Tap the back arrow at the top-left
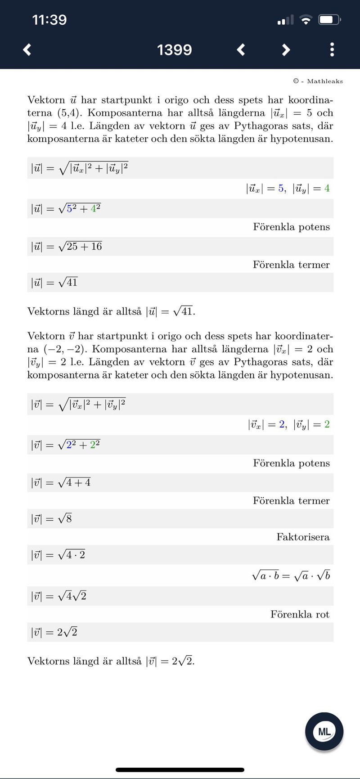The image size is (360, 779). (x=27, y=50)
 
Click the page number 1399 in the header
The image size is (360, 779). (x=174, y=50)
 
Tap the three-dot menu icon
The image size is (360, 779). (x=332, y=50)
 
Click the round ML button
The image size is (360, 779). (x=324, y=731)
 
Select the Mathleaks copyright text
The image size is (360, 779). (x=318, y=81)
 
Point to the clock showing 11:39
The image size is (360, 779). (x=49, y=20)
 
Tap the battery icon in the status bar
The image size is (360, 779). (x=329, y=20)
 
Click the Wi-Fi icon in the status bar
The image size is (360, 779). (x=306, y=20)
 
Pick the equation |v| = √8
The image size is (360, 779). (x=52, y=519)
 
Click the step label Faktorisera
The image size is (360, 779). (x=303, y=537)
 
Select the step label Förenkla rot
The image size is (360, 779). (x=300, y=614)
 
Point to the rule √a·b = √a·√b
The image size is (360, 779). (x=291, y=576)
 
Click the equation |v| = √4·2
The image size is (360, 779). (x=58, y=555)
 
